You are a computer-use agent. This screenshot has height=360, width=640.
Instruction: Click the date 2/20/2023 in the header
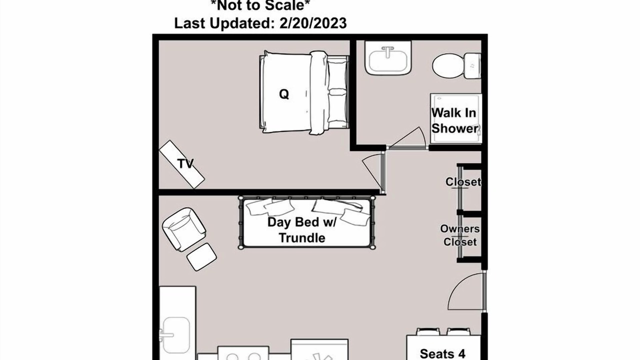point(313,23)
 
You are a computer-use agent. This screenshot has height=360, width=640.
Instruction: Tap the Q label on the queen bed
point(284,94)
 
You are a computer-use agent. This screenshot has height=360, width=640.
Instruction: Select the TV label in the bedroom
point(185,163)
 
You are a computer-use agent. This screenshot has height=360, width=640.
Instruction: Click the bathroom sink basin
point(387,61)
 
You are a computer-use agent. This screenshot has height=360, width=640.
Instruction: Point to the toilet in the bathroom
point(456,65)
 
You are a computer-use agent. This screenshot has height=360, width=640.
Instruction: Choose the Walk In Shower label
point(454,120)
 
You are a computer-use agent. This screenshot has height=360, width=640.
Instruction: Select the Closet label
point(463,182)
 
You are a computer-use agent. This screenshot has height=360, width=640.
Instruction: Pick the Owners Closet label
point(460,235)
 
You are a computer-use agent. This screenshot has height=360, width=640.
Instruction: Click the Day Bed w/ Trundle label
point(302,230)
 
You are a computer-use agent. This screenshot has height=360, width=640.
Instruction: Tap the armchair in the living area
point(183,229)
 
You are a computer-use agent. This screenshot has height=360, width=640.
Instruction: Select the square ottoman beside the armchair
point(201,257)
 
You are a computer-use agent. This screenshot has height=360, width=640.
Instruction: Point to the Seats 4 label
point(442,353)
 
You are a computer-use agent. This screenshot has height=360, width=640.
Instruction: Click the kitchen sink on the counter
point(176,335)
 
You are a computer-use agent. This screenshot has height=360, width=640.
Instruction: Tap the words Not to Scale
point(259,5)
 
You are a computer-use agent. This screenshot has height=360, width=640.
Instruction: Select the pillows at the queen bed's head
point(337,91)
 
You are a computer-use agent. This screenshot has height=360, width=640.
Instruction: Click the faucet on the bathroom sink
point(387,51)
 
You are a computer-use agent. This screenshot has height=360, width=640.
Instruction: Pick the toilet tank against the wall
point(472,66)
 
